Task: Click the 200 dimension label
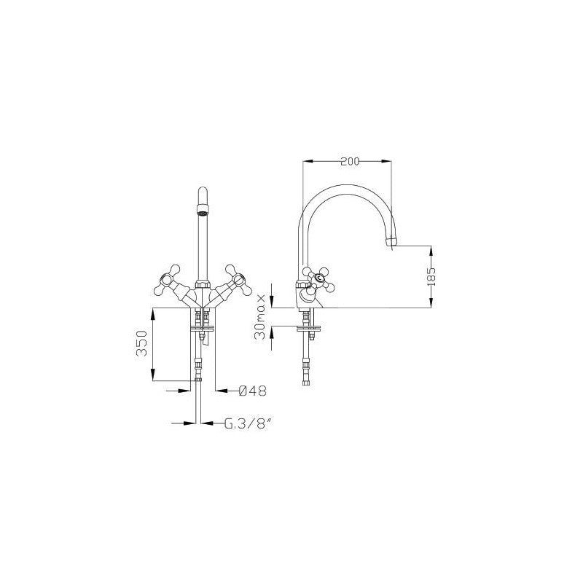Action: pyautogui.click(x=351, y=161)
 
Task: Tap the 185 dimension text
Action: pyautogui.click(x=431, y=277)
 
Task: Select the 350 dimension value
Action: pyautogui.click(x=141, y=343)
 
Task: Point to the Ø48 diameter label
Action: pyautogui.click(x=252, y=391)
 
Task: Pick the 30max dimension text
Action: pyautogui.click(x=261, y=317)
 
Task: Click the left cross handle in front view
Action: pyautogui.click(x=168, y=280)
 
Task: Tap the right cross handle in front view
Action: pyautogui.click(x=238, y=280)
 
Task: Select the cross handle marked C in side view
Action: pyautogui.click(x=319, y=279)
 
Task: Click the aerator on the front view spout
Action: pyautogui.click(x=203, y=214)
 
